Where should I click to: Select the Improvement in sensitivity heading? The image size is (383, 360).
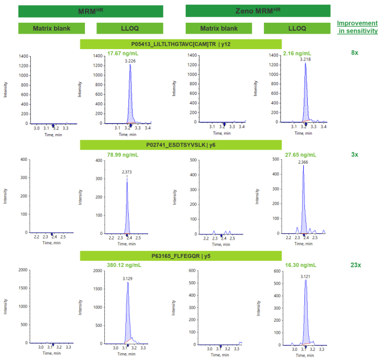357,27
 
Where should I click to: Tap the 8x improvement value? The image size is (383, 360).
355,52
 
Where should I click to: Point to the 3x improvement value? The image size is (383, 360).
355,154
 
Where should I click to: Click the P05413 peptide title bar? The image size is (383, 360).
181,44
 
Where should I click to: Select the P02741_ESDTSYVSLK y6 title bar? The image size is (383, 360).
181,145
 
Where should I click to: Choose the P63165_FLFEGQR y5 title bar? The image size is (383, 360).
181,256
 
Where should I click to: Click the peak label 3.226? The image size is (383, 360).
130,60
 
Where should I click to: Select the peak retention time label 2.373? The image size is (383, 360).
127,172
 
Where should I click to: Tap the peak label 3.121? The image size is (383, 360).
307,276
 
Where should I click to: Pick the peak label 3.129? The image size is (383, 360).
127,278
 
